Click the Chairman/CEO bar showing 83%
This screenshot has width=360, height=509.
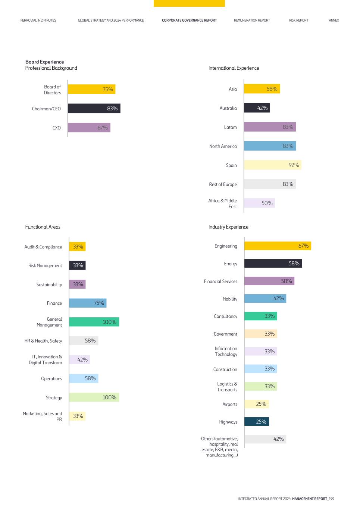click(94, 109)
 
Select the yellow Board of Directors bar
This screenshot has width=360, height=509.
click(92, 89)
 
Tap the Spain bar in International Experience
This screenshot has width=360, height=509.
click(273, 165)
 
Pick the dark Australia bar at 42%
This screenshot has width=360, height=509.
click(257, 108)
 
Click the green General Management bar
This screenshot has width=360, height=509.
click(94, 322)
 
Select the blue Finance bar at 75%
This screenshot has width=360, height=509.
click(88, 303)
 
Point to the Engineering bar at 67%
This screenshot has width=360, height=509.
click(278, 246)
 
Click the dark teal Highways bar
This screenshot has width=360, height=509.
click(257, 421)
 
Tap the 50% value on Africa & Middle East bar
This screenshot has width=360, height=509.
click(267, 203)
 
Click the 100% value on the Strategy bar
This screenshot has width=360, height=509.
click(109, 397)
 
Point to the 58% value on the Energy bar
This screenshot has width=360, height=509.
click(294, 263)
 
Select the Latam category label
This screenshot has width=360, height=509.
click(230, 127)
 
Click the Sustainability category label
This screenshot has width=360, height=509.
click(49, 285)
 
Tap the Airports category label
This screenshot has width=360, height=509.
click(229, 404)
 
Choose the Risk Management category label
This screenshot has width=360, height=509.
click(45, 266)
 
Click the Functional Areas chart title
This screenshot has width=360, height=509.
click(43, 227)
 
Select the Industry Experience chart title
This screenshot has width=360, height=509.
click(228, 227)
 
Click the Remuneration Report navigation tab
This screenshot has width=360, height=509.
click(252, 21)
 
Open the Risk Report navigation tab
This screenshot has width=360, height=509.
click(299, 21)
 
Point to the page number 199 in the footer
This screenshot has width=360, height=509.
click(332, 499)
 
